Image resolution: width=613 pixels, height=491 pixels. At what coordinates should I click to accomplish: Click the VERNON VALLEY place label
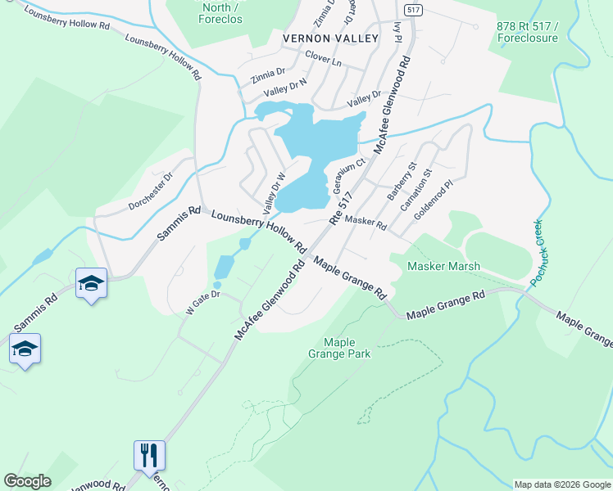click(330, 38)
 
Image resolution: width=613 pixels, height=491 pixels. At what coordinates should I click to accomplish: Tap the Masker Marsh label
click(443, 267)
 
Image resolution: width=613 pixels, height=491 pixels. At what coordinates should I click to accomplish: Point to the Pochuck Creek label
click(538, 252)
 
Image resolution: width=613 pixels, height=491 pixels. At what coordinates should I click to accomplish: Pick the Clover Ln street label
click(323, 61)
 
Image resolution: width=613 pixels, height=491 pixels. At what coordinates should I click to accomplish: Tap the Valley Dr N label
click(285, 85)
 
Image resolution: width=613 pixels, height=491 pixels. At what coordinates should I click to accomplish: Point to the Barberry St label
click(402, 182)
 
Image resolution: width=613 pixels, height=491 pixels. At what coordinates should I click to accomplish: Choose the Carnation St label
click(415, 192)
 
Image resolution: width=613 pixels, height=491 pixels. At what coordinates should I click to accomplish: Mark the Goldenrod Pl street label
click(434, 200)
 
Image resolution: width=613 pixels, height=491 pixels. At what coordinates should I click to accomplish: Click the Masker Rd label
click(366, 222)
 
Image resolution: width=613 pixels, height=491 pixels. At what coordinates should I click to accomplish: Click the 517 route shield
click(413, 10)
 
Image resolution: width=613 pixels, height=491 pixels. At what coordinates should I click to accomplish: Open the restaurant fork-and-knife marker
click(149, 455)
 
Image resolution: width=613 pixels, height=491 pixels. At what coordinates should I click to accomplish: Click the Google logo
click(28, 481)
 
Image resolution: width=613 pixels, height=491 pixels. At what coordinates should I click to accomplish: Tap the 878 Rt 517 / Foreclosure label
click(527, 32)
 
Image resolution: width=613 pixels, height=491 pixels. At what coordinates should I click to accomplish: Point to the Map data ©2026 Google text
click(561, 484)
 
